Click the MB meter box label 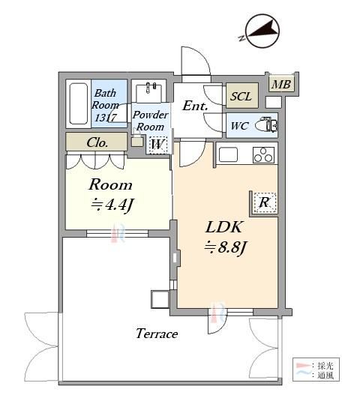tap(281, 84)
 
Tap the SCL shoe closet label tap(241, 96)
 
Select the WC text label tap(239, 126)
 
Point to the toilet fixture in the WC tap(266, 125)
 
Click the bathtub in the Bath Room tap(78, 103)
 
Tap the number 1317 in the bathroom tap(106, 118)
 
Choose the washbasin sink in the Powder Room tap(149, 93)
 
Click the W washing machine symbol tap(157, 145)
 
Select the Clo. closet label tap(97, 142)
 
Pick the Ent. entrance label tap(194, 106)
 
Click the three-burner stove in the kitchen tap(263, 155)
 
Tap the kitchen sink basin tap(228, 154)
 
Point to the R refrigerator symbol tap(265, 202)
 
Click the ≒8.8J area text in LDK tap(225, 247)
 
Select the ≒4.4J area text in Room tap(112, 205)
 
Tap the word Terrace tap(157, 334)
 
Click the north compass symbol tap(262, 31)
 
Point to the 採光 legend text tap(325, 366)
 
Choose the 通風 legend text tap(325, 376)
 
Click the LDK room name tap(223, 227)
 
